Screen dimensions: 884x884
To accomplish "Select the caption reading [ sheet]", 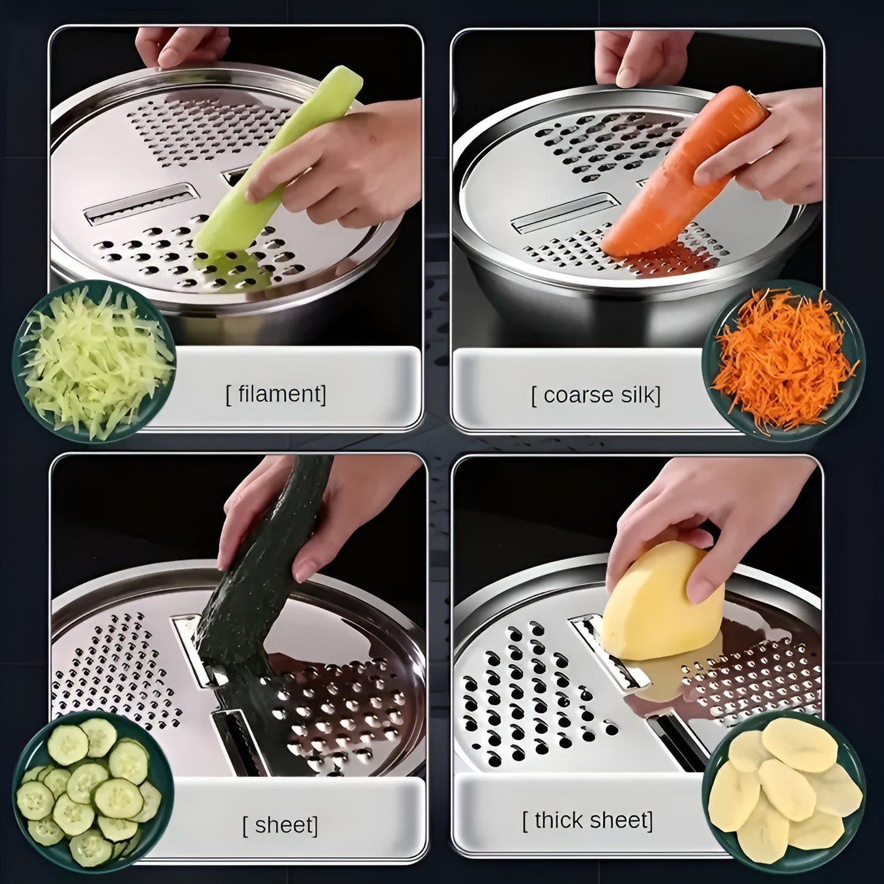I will pyautogui.click(x=280, y=825).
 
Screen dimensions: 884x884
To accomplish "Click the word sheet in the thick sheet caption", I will pyautogui.click(x=622, y=820).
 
